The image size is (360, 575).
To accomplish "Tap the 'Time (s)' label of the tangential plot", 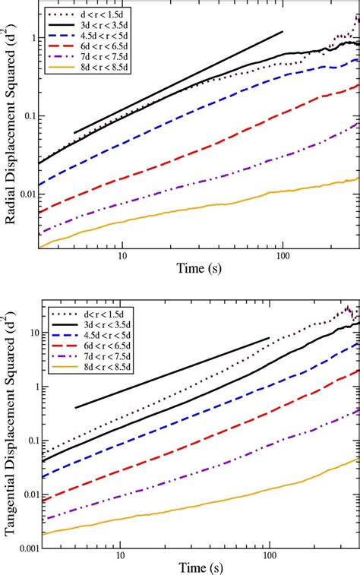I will (193, 563).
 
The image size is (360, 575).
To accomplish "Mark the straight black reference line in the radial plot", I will (178, 82).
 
